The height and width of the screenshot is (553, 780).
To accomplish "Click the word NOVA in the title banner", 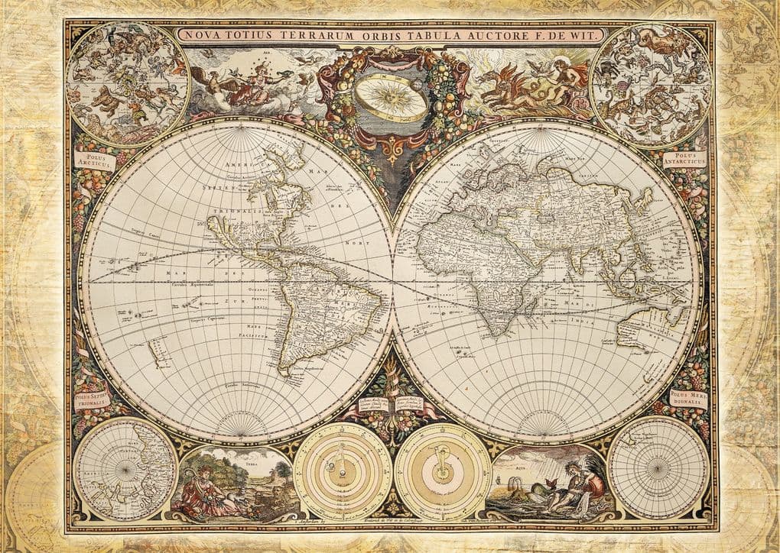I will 200,34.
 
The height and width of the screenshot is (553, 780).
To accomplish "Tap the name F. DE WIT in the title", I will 573,34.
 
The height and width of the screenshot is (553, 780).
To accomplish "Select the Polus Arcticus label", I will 94,161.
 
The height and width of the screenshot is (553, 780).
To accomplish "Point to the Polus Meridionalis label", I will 687,397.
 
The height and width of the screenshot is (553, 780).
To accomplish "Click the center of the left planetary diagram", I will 343,471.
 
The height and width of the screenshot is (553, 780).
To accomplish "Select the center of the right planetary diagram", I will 443,471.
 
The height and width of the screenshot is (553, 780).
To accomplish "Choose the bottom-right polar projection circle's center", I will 658,467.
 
